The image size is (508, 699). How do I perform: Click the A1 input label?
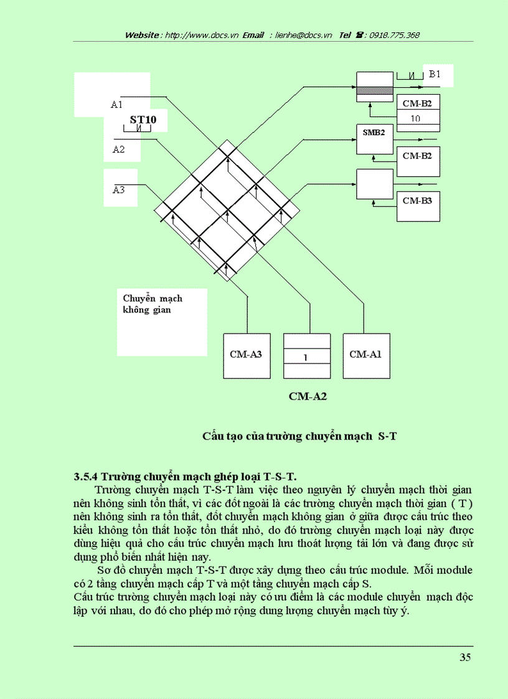click(x=117, y=105)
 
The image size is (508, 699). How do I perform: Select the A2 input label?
click(x=118, y=149)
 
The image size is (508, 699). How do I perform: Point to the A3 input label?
click(x=119, y=190)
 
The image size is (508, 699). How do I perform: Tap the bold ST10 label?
click(x=143, y=119)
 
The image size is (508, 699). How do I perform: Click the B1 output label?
click(x=435, y=74)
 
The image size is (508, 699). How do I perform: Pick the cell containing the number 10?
click(x=416, y=118)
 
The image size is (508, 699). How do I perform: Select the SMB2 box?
click(x=374, y=138)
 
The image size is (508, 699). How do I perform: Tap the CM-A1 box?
click(x=366, y=355)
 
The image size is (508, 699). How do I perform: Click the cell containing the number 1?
click(x=306, y=358)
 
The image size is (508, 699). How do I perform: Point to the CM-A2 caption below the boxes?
click(x=308, y=396)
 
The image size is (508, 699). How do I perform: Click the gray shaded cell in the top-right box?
click(x=374, y=91)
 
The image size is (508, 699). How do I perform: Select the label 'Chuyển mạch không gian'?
click(x=152, y=304)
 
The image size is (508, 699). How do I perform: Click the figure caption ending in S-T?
click(x=299, y=436)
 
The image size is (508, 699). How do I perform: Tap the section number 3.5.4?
click(x=86, y=477)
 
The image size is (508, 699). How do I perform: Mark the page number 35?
click(x=465, y=658)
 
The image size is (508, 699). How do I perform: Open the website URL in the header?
click(x=199, y=35)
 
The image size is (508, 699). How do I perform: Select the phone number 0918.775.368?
click(x=395, y=35)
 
